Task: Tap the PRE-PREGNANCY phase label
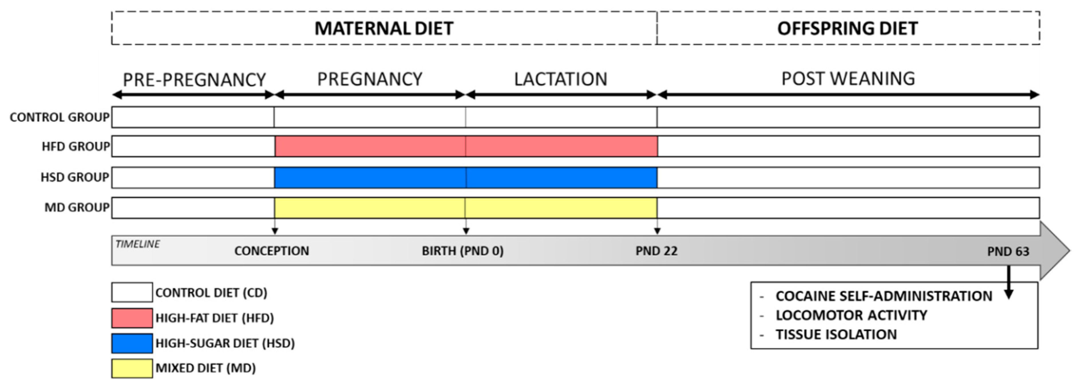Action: coord(194,80)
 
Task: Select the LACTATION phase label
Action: coord(561,79)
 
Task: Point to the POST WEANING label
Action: coord(848,79)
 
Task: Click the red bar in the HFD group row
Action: coord(466,146)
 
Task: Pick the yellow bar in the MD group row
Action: coord(466,208)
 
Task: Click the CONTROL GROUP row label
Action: coord(59,117)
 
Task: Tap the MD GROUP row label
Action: coord(77,207)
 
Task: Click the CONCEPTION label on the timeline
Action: coord(272,251)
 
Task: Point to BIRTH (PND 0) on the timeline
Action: coord(462,251)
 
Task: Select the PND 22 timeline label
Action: coord(656,251)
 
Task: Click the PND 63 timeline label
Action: coord(1008,251)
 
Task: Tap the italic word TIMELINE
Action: coord(137,244)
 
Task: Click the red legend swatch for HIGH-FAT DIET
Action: coord(132,318)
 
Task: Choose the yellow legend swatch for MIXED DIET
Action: coord(132,368)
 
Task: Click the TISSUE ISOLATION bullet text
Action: coord(836,334)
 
